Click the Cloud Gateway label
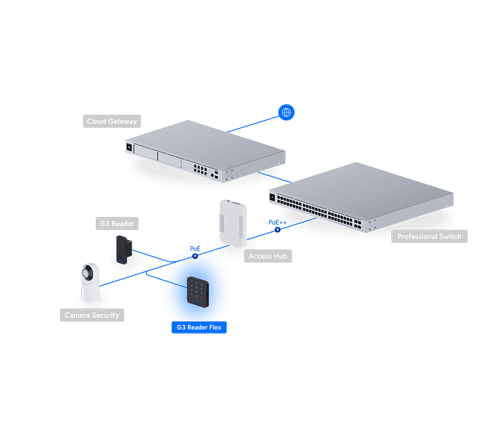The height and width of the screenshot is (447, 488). (112, 122)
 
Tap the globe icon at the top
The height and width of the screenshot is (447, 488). (286, 113)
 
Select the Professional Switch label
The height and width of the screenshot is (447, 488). (429, 236)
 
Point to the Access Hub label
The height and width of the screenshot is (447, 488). (268, 256)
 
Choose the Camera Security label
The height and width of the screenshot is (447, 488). (92, 315)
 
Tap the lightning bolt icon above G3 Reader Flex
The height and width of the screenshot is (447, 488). (195, 256)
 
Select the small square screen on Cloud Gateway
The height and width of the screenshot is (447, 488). (130, 147)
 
